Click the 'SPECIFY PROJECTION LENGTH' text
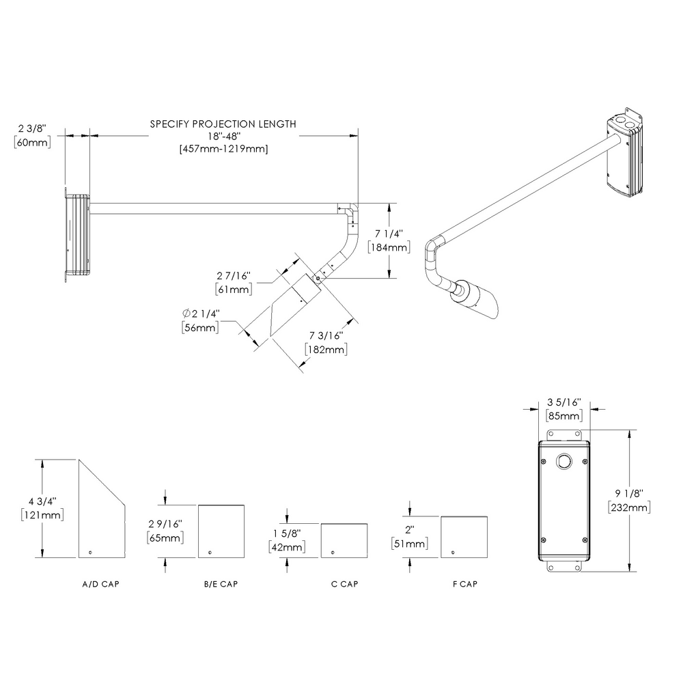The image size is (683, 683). (x=223, y=124)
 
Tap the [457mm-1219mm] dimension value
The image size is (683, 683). (x=223, y=149)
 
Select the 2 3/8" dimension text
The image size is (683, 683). (x=32, y=128)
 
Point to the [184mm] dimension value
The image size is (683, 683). (x=389, y=247)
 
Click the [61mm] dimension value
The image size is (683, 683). (x=234, y=290)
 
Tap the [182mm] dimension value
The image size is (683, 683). (x=325, y=349)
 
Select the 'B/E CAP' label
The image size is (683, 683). (x=221, y=585)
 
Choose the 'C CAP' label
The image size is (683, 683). (x=344, y=585)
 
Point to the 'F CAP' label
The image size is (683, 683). (x=464, y=585)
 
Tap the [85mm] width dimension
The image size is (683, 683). (x=563, y=415)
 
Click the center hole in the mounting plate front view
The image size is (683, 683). (x=563, y=461)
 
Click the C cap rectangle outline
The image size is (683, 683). (x=344, y=540)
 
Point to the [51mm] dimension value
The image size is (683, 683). (x=410, y=544)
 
